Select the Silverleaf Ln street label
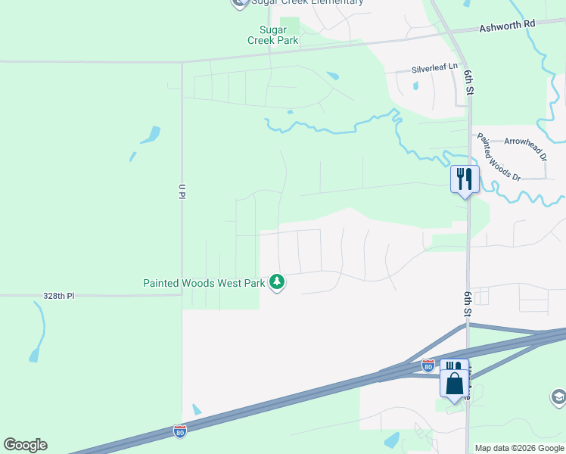pyautogui.click(x=434, y=68)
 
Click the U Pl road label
pyautogui.click(x=182, y=191)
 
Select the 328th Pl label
pyautogui.click(x=59, y=296)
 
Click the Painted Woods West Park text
pyautogui.click(x=204, y=284)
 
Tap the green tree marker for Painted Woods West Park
pyautogui.click(x=278, y=283)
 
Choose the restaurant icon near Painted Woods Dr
pyautogui.click(x=464, y=180)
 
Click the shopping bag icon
pyautogui.click(x=454, y=383)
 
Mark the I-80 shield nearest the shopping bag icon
pyautogui.click(x=428, y=365)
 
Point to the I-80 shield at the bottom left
pyautogui.click(x=180, y=431)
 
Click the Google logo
pyautogui.click(x=25, y=445)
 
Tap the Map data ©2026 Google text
pyautogui.click(x=519, y=448)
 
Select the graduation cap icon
pyautogui.click(x=558, y=397)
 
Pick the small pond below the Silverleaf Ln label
pyautogui.click(x=416, y=86)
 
